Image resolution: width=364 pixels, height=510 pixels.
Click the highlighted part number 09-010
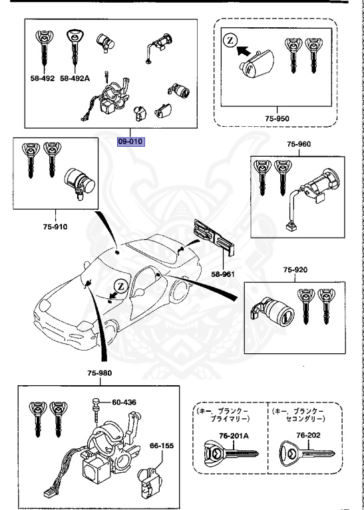click(130, 141)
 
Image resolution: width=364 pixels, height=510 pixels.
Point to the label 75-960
click(298, 144)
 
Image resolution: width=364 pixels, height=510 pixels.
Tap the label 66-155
click(160, 446)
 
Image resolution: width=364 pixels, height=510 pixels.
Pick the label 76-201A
click(231, 436)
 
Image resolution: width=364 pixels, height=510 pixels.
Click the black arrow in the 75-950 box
click(247, 49)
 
